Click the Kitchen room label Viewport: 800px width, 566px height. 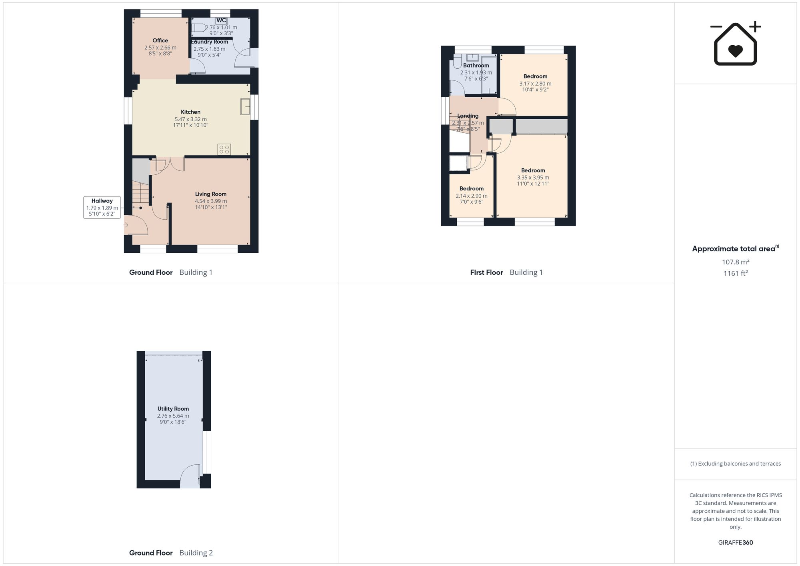pyautogui.click(x=190, y=112)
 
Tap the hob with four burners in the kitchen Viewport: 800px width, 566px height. pyautogui.click(x=224, y=149)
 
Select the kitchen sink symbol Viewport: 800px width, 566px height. pyautogui.click(x=245, y=106)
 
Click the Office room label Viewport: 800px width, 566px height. pyautogui.click(x=160, y=40)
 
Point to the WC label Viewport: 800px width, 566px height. pyautogui.click(x=221, y=21)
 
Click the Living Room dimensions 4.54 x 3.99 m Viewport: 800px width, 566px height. pyautogui.click(x=211, y=201)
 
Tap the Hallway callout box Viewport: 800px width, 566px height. pyautogui.click(x=102, y=207)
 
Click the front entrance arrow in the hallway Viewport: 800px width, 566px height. pyautogui.click(x=126, y=225)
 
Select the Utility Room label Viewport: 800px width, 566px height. pyautogui.click(x=173, y=409)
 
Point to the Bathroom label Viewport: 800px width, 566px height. pyautogui.click(x=476, y=66)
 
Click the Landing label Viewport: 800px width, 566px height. pyautogui.click(x=468, y=116)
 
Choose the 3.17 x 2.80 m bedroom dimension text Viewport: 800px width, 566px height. pyautogui.click(x=535, y=84)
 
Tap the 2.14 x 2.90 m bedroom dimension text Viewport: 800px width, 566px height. pyautogui.click(x=472, y=196)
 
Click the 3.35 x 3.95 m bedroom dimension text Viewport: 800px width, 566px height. pyautogui.click(x=533, y=178)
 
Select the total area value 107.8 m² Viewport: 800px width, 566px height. pyautogui.click(x=736, y=262)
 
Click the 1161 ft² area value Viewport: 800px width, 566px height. pyautogui.click(x=736, y=274)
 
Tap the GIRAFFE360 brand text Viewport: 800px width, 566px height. pyautogui.click(x=736, y=543)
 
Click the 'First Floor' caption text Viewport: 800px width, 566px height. pyautogui.click(x=486, y=272)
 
